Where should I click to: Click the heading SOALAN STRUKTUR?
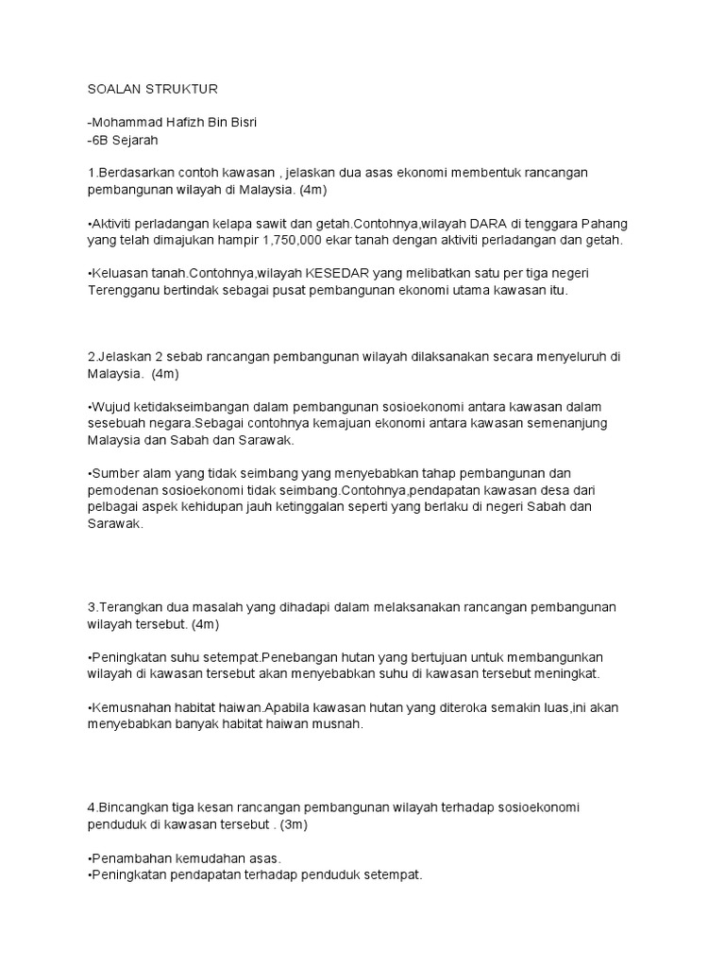click(152, 89)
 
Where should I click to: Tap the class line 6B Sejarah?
click(124, 140)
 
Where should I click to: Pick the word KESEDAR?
click(333, 274)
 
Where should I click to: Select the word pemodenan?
click(122, 490)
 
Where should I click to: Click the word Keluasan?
click(119, 274)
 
